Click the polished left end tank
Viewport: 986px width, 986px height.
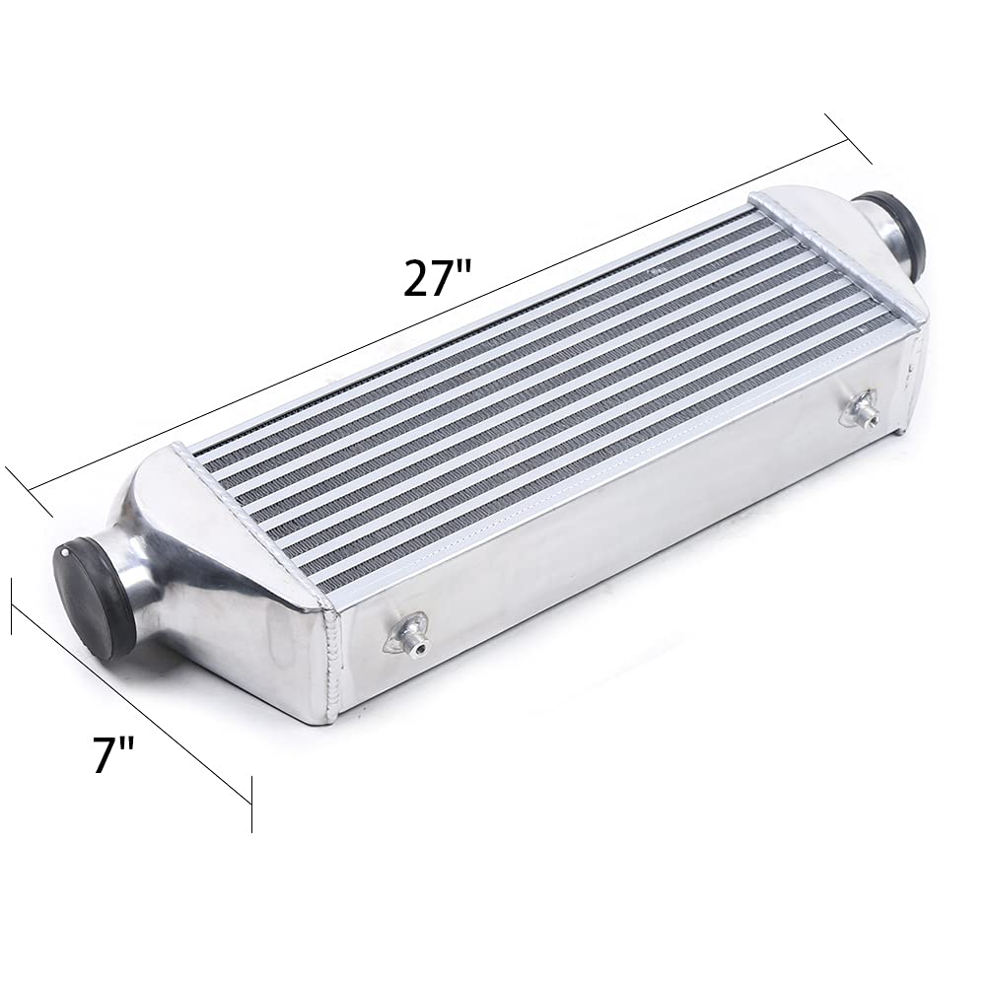pyautogui.click(x=227, y=582)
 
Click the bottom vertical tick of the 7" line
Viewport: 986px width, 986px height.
pyautogui.click(x=252, y=804)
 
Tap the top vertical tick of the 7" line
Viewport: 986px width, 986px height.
pyautogui.click(x=12, y=605)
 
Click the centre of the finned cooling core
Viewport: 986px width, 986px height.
pyautogui.click(x=552, y=394)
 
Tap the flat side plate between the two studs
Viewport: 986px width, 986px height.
pyautogui.click(x=631, y=532)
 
